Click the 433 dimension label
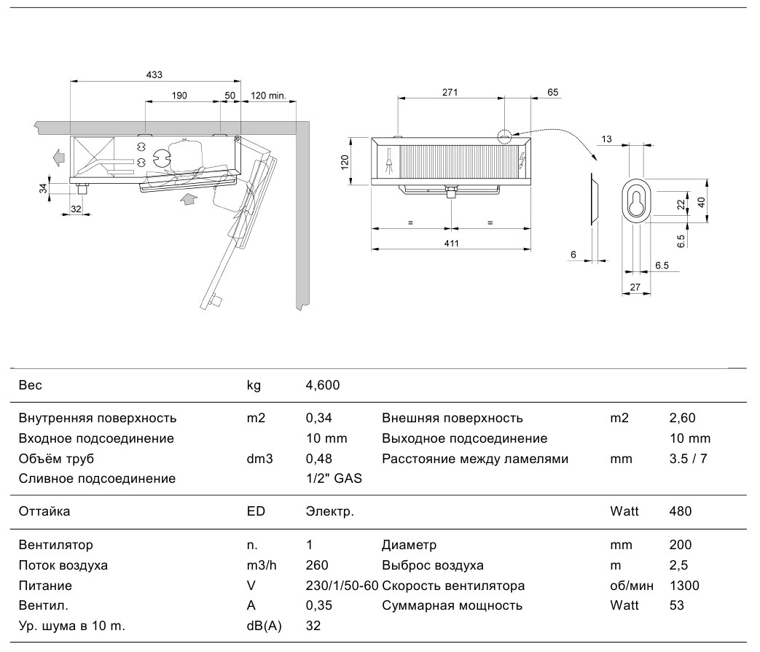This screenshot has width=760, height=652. (154, 74)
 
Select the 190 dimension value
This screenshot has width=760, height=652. (179, 96)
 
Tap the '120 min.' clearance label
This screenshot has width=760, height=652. (268, 96)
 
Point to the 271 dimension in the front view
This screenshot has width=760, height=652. (450, 92)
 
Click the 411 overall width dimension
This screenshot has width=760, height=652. (451, 243)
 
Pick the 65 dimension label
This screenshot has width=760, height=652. (552, 92)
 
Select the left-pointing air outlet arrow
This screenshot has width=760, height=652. (58, 158)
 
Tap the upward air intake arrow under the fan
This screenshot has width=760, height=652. (188, 198)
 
